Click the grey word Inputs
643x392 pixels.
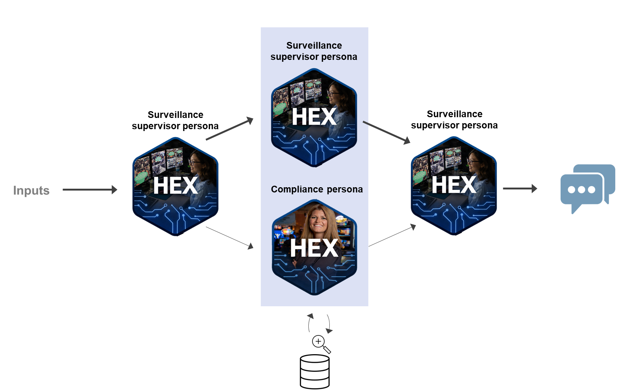(31, 191)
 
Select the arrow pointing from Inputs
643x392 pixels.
(90, 190)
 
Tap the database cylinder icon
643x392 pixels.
(315, 371)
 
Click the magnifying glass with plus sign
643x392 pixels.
(321, 344)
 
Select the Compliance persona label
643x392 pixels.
(317, 189)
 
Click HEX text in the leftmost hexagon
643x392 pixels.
(175, 186)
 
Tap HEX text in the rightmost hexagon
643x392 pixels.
(454, 185)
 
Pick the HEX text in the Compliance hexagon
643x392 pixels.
(314, 248)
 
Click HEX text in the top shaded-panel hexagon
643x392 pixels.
(314, 117)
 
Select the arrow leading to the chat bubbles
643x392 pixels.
(520, 189)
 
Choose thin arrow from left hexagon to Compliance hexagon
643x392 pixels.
(229, 237)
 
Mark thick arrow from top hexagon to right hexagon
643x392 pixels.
(386, 132)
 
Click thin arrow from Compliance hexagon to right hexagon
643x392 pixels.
(392, 235)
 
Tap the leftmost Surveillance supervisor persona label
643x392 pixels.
(175, 121)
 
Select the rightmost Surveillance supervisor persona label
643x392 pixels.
(454, 120)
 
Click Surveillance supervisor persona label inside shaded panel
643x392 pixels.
(314, 51)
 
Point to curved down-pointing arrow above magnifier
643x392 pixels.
(329, 324)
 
